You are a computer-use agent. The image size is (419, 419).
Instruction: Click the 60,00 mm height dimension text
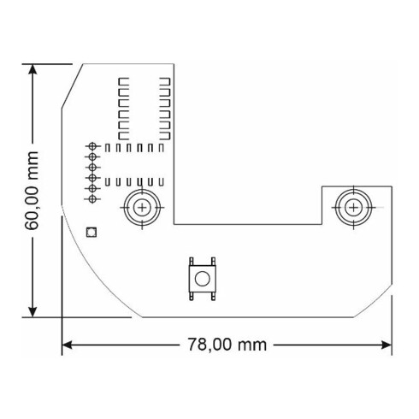click(x=32, y=190)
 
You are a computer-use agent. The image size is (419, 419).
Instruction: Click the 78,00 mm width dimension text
click(x=227, y=345)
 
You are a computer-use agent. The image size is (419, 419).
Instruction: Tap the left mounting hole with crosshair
click(x=139, y=206)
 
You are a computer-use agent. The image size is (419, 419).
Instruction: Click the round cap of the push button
click(x=202, y=279)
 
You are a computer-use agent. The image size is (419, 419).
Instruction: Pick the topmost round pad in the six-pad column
click(x=91, y=148)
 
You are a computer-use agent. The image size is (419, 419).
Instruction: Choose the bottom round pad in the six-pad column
click(x=91, y=198)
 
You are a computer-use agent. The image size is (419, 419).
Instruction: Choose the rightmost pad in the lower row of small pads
click(x=159, y=182)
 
